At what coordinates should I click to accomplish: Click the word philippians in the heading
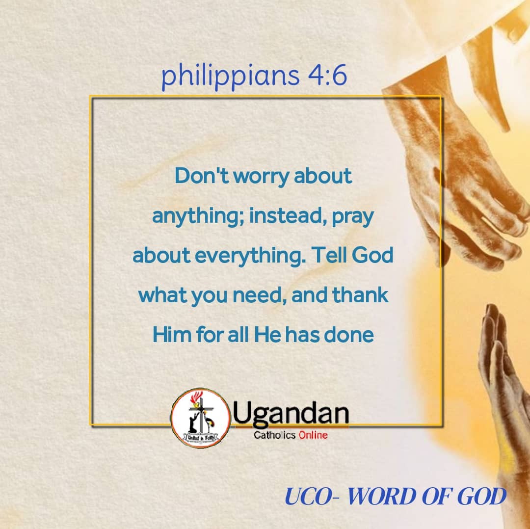point(230,76)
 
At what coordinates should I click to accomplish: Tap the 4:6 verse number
point(327,75)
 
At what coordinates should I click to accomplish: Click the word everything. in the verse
point(250,256)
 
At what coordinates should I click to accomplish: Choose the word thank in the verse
point(360,295)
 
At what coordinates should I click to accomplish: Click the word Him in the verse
point(172,335)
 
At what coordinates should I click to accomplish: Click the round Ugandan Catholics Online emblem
point(201,418)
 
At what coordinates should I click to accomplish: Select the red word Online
point(313,435)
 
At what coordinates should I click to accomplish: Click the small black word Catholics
point(275,435)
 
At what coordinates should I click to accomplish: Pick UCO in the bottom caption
point(309,497)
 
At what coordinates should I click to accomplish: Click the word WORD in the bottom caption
point(382,497)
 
